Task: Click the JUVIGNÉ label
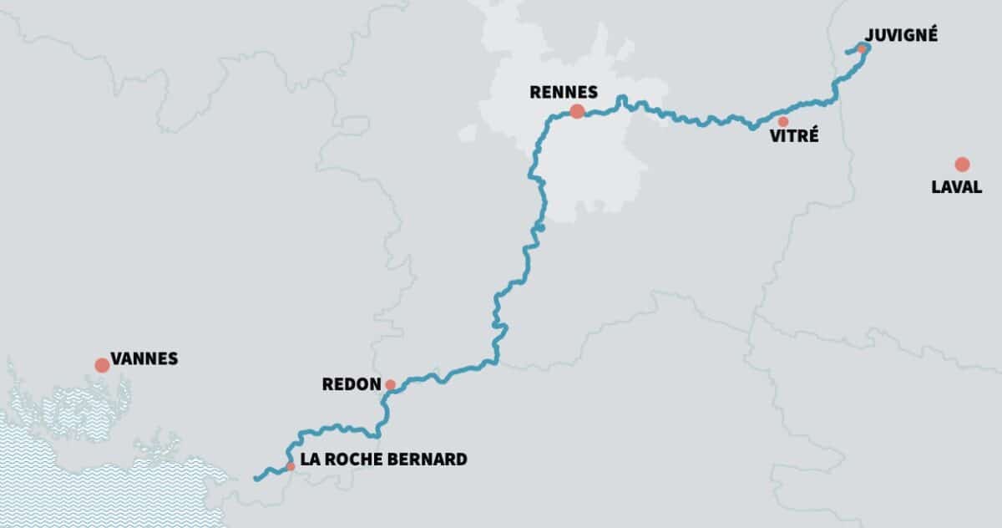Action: pyautogui.click(x=902, y=35)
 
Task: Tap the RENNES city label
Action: pyautogui.click(x=564, y=92)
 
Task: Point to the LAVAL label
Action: pyautogui.click(x=956, y=187)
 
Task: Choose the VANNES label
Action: pyautogui.click(x=145, y=359)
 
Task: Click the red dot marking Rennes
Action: pyautogui.click(x=576, y=111)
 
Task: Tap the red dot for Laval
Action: pyautogui.click(x=962, y=164)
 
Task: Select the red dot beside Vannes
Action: pyautogui.click(x=102, y=365)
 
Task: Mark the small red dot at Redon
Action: pyautogui.click(x=390, y=385)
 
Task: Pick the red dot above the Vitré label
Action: pyautogui.click(x=782, y=122)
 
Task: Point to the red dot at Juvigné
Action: pyautogui.click(x=861, y=49)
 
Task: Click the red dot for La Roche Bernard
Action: pyautogui.click(x=290, y=466)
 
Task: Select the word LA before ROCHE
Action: pyautogui.click(x=308, y=459)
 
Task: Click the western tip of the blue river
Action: pyautogui.click(x=254, y=479)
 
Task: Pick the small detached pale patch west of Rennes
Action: pyautogui.click(x=468, y=133)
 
